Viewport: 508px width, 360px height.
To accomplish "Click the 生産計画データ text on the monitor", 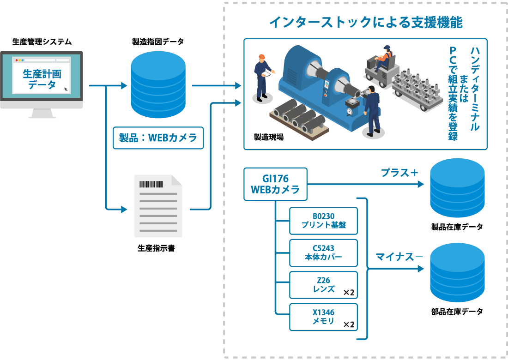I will [x=42, y=79].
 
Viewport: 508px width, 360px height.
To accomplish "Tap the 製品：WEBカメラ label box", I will [x=158, y=138].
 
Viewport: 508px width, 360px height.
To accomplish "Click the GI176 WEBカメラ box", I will [x=275, y=184].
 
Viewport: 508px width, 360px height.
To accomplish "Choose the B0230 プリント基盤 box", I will [x=323, y=221].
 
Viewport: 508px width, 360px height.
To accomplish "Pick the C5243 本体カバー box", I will [x=323, y=252].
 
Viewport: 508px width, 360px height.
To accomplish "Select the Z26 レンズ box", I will [x=323, y=285].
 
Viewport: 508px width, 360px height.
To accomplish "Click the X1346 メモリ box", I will [x=323, y=317].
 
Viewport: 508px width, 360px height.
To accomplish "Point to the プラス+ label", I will [x=399, y=173].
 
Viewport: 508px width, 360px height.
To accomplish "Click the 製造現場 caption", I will [x=268, y=137].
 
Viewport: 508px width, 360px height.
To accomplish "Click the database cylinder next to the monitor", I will [x=158, y=85].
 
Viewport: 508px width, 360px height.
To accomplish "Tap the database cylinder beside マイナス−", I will [x=457, y=272].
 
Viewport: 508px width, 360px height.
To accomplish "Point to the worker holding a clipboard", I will [x=262, y=76].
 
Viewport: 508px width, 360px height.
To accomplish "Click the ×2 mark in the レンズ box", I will [x=349, y=293].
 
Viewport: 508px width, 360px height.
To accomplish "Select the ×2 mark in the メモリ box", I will [x=349, y=324].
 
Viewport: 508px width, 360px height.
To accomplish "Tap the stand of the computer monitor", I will [x=42, y=114].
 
